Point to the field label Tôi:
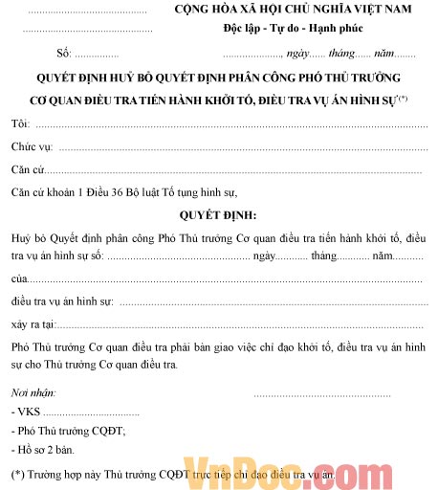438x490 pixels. pos(20,124)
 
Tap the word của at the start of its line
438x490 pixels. pos(19,278)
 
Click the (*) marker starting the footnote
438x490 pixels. pos(17,474)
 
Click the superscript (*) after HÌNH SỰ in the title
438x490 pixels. pos(404,99)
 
